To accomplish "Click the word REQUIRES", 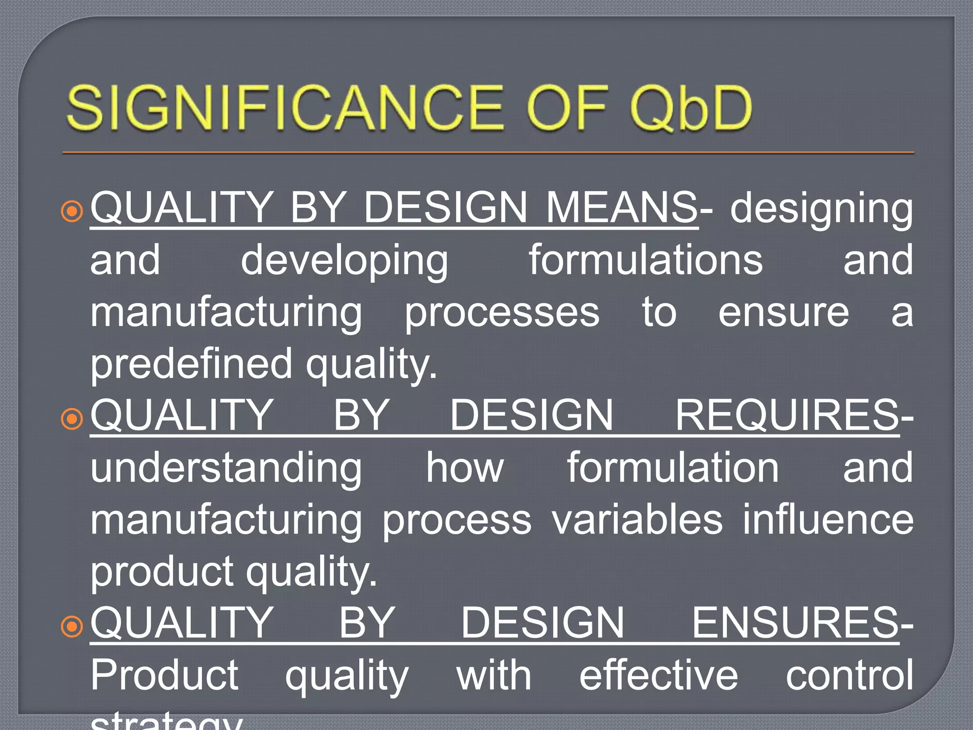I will pos(787,415).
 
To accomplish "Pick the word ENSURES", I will pos(795,623).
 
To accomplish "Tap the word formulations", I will pos(646,259).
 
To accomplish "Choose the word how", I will pos(464,468).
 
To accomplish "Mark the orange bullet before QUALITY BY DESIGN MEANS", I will pos(72,211).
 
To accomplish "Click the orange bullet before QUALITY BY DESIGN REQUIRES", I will pos(72,419).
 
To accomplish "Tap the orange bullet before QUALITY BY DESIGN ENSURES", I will pos(72,627).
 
